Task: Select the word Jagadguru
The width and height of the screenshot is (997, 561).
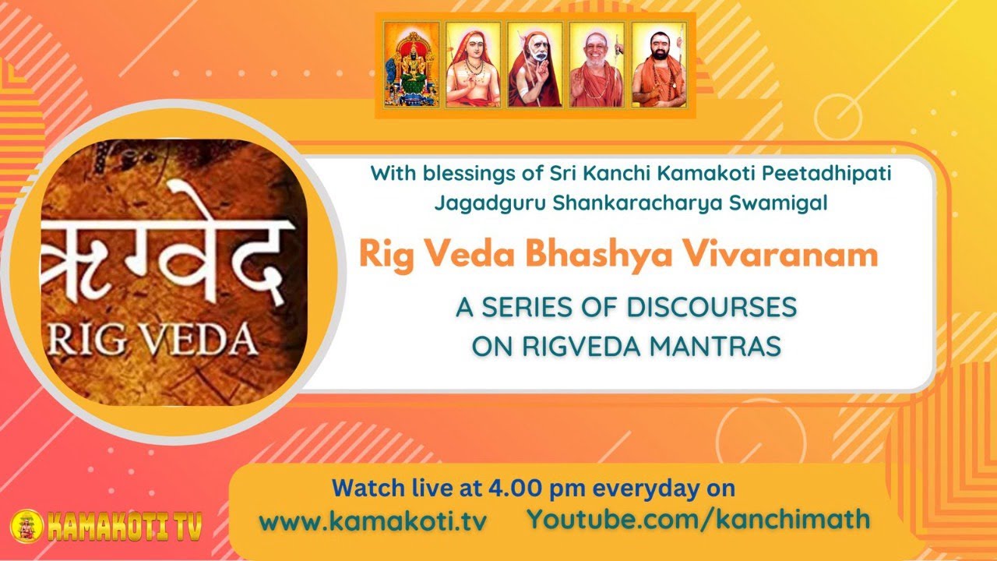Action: click(x=490, y=203)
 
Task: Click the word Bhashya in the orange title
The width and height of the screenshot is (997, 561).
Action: click(x=599, y=256)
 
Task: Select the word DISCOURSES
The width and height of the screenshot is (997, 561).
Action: click(x=711, y=307)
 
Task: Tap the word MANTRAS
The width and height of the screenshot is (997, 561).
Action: click(x=715, y=346)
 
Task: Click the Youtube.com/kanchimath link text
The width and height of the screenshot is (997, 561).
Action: click(x=699, y=519)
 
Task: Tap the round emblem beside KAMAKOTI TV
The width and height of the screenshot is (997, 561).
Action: click(x=27, y=526)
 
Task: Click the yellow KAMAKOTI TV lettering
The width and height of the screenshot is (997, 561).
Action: click(x=125, y=527)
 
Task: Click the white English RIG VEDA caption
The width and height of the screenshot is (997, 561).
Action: click(x=153, y=340)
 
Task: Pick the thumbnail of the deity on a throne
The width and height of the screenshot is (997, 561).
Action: click(x=412, y=65)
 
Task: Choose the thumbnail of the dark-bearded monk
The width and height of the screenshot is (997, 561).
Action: click(x=659, y=65)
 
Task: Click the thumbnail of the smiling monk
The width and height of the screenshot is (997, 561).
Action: click(x=597, y=65)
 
